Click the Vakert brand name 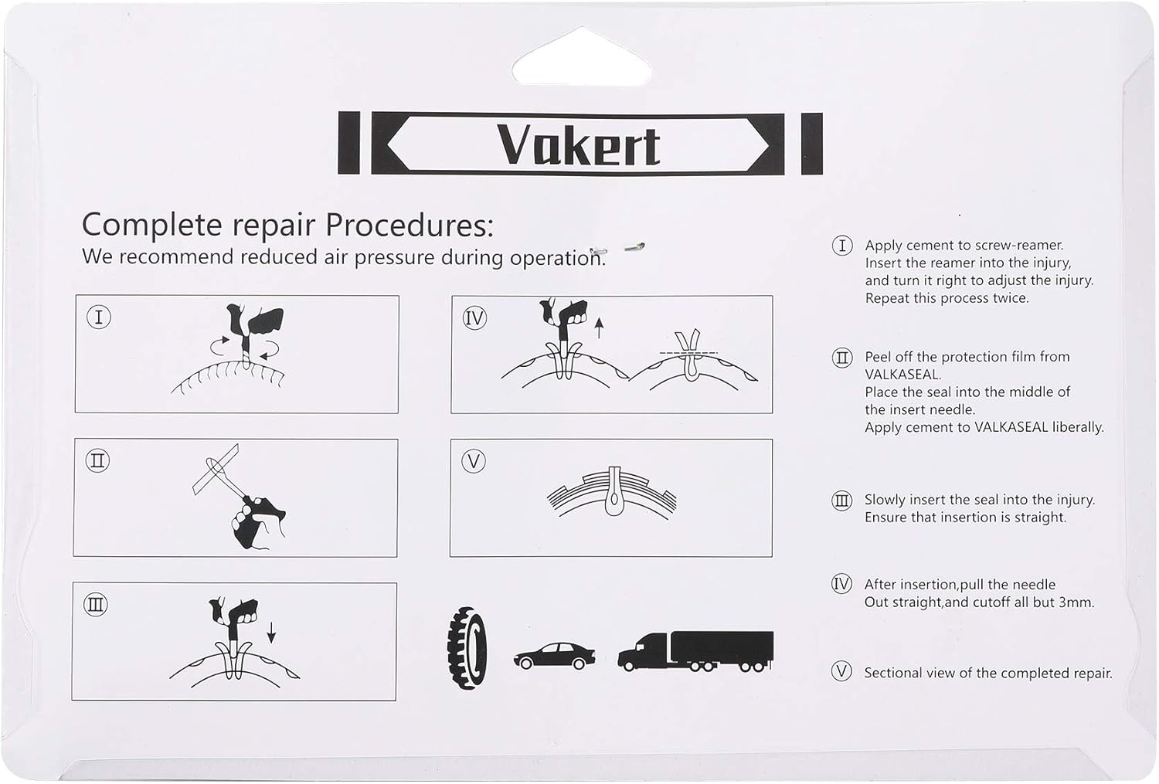579,144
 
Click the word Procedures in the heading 409,225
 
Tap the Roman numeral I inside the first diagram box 98,317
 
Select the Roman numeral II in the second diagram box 97,461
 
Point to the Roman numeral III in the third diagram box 96,605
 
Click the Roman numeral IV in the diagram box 474,317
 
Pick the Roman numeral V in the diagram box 473,462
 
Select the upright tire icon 467,647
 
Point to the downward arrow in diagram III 271,631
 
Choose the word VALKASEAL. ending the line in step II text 903,375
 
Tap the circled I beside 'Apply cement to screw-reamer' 841,246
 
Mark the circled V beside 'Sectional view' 841,672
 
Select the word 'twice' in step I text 1009,298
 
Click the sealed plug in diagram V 613,494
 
